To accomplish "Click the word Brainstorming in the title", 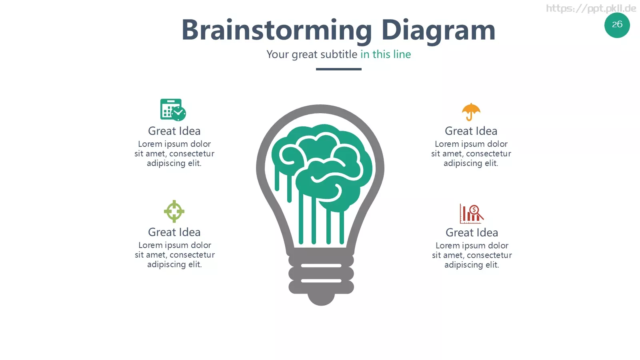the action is pyautogui.click(x=276, y=30).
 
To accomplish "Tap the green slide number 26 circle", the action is pyautogui.click(x=617, y=25).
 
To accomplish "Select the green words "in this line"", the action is pyautogui.click(x=386, y=54).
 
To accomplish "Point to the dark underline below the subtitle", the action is pyautogui.click(x=338, y=69).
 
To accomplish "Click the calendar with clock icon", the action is pyautogui.click(x=173, y=110).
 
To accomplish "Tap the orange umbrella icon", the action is pyautogui.click(x=471, y=112).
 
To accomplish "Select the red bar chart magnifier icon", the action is pyautogui.click(x=472, y=214).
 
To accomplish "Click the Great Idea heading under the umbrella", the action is pyautogui.click(x=471, y=131).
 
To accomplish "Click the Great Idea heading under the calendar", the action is pyautogui.click(x=174, y=131).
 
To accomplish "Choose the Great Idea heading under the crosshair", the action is pyautogui.click(x=174, y=232).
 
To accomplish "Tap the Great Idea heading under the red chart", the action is pyautogui.click(x=472, y=232).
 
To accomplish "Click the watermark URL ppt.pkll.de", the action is pyautogui.click(x=591, y=8).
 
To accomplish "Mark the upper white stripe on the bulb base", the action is pyautogui.click(x=321, y=266).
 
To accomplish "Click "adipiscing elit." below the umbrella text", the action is pyautogui.click(x=471, y=163).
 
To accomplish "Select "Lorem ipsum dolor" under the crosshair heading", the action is pyautogui.click(x=174, y=245).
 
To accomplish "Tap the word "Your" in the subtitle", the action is pyautogui.click(x=278, y=54).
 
